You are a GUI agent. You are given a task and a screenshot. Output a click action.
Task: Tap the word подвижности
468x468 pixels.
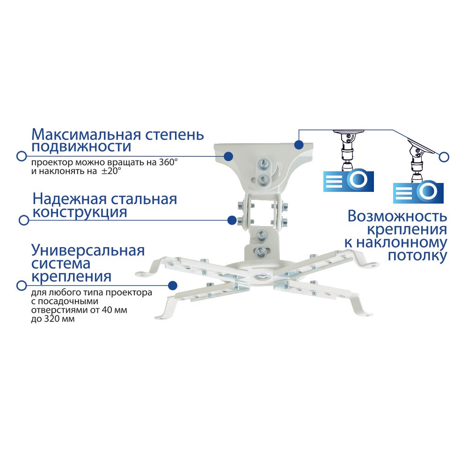pos(80,147)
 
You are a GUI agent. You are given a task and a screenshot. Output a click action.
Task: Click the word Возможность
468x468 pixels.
pos(397,217)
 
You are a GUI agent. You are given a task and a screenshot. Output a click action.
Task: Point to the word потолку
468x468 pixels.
pos(417,256)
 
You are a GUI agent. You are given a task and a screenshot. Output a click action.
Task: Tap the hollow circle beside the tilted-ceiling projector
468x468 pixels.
pos(444,157)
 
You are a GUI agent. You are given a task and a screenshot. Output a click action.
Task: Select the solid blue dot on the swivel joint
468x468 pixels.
pos(231,219)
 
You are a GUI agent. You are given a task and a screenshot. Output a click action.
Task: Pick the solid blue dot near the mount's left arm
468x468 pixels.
pos(173,285)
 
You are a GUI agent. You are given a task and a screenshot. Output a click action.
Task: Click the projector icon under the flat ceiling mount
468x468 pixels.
pos(348,180)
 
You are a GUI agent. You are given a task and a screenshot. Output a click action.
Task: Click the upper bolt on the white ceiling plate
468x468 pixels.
pos(263,164)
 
